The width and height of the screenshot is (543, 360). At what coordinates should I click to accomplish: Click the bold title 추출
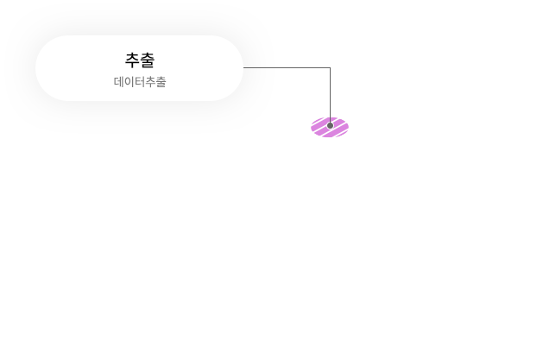click(x=140, y=60)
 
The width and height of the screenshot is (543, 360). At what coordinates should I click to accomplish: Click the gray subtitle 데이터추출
click(x=140, y=82)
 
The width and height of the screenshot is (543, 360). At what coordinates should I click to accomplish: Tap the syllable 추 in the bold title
click(x=133, y=60)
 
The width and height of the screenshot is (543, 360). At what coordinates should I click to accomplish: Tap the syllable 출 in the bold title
click(x=148, y=60)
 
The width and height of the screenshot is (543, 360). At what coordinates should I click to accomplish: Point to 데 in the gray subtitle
click(x=119, y=82)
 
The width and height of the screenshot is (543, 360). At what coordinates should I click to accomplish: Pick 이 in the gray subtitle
click(x=129, y=82)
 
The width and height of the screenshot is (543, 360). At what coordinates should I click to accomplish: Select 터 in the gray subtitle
click(x=140, y=82)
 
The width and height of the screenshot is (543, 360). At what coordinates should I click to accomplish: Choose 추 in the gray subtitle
click(x=150, y=82)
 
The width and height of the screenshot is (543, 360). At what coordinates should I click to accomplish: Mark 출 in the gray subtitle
click(x=161, y=82)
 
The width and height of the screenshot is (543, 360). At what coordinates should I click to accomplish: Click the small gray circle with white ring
click(x=330, y=126)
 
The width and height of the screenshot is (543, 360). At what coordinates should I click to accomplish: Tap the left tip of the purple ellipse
click(x=313, y=127)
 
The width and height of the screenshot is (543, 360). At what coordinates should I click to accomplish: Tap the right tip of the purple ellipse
click(x=347, y=127)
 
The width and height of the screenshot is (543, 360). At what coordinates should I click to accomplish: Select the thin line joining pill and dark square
click(x=262, y=67)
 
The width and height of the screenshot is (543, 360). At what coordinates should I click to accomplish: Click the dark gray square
click(x=306, y=95)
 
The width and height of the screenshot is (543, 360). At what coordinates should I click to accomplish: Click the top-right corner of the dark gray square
click(x=332, y=66)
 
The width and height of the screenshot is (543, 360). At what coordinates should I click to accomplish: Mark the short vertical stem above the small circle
click(x=330, y=120)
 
